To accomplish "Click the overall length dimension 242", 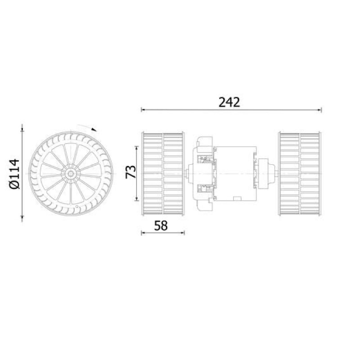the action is click(x=229, y=103).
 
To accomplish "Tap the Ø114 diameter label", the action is click(x=14, y=174).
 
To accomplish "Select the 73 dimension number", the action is click(x=131, y=172).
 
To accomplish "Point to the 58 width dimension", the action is click(x=161, y=225).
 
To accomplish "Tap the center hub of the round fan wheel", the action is click(x=71, y=174).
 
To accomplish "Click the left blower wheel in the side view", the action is click(x=163, y=174).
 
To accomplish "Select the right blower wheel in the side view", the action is click(x=299, y=174).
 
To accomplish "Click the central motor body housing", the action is click(x=235, y=174).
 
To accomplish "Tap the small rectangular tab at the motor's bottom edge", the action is click(x=237, y=198).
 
